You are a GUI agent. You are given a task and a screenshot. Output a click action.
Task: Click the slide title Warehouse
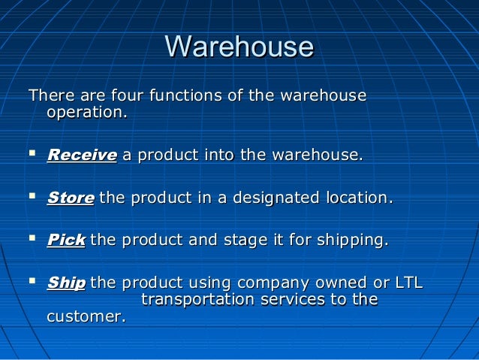[x=239, y=47]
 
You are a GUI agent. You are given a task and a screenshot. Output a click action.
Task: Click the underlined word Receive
[x=81, y=156]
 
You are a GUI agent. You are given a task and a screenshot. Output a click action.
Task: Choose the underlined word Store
[x=70, y=198]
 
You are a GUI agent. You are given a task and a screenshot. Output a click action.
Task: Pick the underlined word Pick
[x=65, y=241]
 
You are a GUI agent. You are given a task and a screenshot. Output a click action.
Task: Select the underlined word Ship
[x=65, y=283]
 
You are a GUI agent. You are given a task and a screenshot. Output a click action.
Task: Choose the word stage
[x=244, y=241]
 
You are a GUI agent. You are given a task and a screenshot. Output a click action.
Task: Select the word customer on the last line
[x=85, y=317]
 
